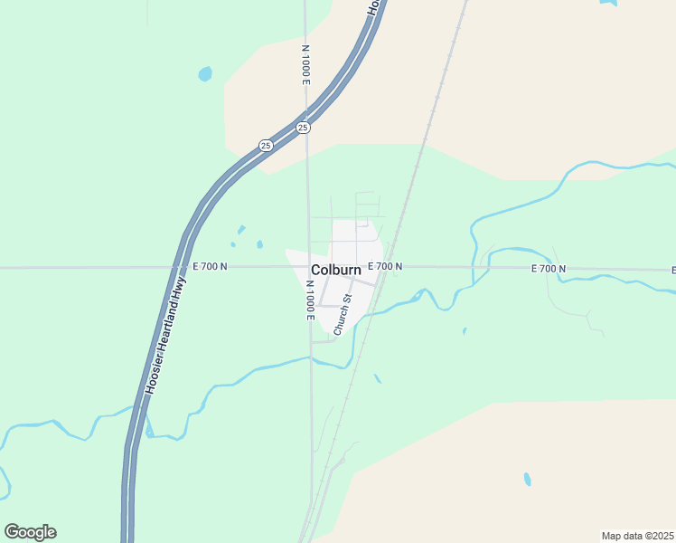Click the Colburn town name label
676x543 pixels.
pos(336,270)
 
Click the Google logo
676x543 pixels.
pos(30,532)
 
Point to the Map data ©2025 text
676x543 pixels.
pos(637,536)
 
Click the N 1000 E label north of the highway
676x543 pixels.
pos(306,64)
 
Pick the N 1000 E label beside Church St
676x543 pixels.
pos(308,300)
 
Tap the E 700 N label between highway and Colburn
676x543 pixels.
pos(210,267)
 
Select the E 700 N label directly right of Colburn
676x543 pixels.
pos(385,267)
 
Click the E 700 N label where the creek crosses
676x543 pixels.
pos(549,269)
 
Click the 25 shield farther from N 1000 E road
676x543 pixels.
pos(265,145)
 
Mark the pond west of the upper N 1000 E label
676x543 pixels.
pos(205,73)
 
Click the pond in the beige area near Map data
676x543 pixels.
pos(527,480)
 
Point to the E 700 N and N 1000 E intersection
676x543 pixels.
pos(308,267)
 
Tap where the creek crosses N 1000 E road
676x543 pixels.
pos(310,358)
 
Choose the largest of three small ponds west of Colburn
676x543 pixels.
pos(259,244)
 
